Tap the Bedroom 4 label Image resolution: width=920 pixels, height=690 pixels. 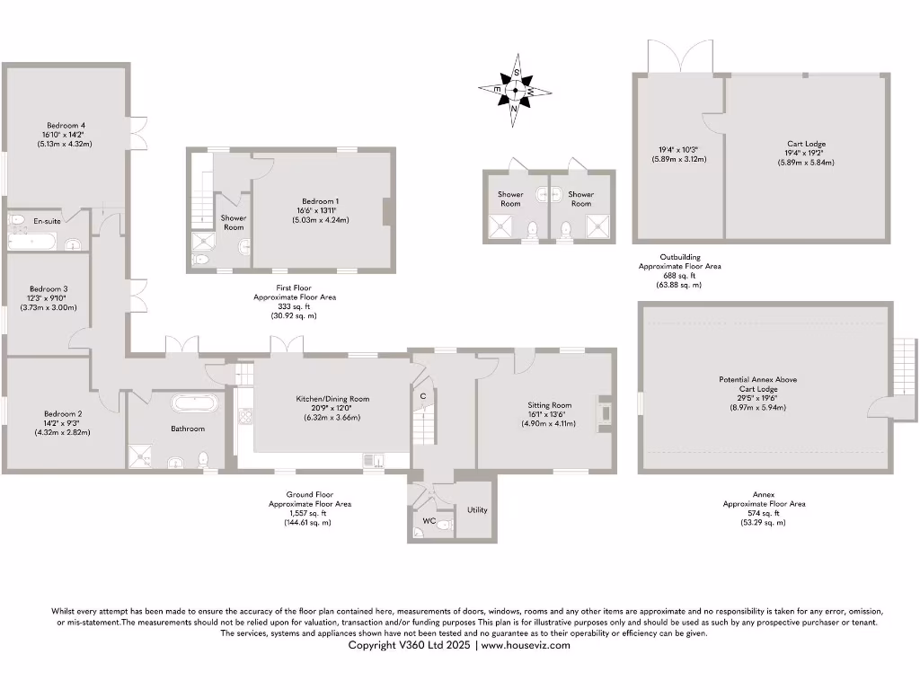tap(66, 125)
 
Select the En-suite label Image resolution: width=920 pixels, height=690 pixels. tap(48, 220)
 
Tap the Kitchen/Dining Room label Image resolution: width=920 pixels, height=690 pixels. tap(332, 399)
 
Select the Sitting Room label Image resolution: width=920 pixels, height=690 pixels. tap(550, 405)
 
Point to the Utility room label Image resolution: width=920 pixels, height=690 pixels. tap(477, 509)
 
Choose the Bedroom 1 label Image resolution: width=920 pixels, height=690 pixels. tap(321, 201)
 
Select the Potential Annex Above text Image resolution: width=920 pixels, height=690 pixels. tap(757, 380)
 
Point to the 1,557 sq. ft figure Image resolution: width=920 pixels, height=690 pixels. tap(307, 513)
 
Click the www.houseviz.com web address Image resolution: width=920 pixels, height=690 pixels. tap(526, 645)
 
